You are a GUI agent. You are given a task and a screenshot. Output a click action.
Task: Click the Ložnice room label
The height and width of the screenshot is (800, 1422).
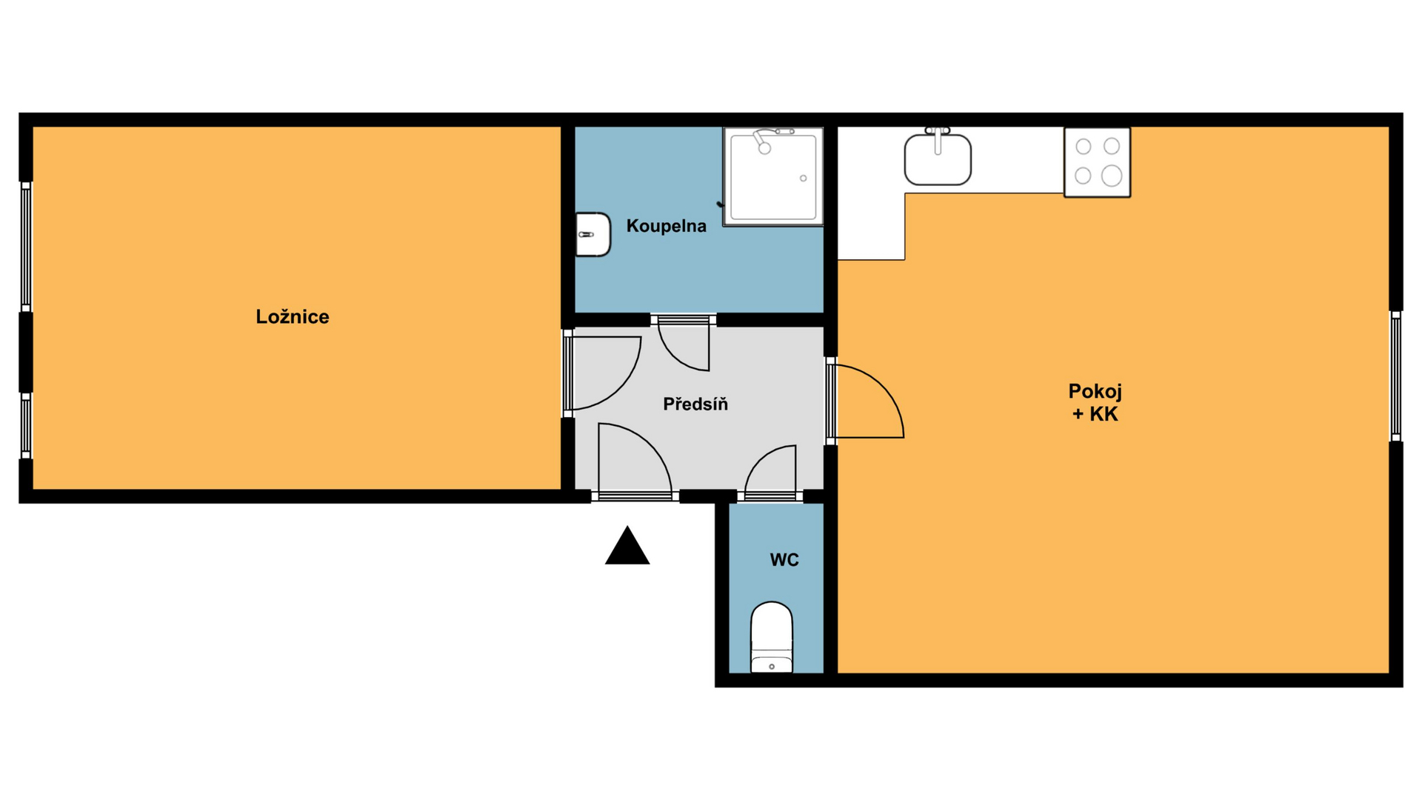click(293, 317)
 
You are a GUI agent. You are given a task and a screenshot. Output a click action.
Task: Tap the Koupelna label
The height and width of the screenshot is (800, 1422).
click(667, 226)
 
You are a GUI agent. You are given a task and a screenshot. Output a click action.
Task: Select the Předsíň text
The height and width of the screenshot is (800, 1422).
click(695, 404)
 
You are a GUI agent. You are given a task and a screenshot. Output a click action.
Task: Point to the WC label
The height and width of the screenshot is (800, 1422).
click(784, 560)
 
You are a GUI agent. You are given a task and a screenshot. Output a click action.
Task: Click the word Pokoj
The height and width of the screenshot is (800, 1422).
click(1095, 392)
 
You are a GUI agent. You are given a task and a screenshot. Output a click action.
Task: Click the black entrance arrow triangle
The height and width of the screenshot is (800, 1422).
click(627, 545)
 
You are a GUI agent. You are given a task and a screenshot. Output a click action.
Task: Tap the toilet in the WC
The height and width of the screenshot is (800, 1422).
click(772, 637)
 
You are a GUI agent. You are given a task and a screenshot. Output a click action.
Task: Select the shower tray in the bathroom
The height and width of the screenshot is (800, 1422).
click(773, 176)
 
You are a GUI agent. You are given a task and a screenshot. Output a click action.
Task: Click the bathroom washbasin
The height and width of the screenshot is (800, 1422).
click(593, 234)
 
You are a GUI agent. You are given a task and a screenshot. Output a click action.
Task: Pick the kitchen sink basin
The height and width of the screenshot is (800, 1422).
click(938, 159)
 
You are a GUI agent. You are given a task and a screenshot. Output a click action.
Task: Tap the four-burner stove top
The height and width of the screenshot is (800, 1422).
click(1097, 162)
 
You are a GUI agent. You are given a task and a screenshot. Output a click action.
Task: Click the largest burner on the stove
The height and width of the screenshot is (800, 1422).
click(1112, 176)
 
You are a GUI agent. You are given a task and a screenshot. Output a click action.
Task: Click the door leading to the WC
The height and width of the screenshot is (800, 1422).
click(770, 471)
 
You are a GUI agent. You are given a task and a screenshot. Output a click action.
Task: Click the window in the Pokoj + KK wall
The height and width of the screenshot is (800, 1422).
click(1395, 376)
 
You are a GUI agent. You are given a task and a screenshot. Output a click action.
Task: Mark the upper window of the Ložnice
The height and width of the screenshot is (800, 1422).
click(26, 247)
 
